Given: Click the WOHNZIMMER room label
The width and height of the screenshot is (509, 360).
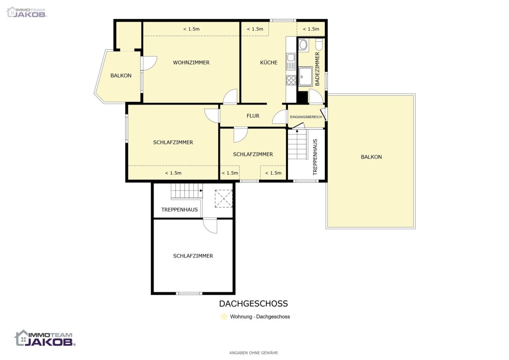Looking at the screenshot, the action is click(x=191, y=63).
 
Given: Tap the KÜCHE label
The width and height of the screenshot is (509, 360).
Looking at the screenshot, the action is click(x=268, y=62).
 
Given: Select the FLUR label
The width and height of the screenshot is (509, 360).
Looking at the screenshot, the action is click(x=253, y=116).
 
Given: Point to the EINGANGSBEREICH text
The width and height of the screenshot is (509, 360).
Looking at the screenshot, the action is click(x=306, y=117).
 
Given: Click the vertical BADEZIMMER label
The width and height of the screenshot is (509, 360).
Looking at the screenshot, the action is click(x=317, y=69).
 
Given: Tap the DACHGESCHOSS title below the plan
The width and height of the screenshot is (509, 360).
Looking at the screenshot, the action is click(x=253, y=304).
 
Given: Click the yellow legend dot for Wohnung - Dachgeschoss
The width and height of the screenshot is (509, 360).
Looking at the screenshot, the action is click(x=224, y=317).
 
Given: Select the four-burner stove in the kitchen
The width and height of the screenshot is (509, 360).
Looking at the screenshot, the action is click(x=291, y=80).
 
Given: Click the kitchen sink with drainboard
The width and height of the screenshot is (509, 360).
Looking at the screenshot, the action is click(x=291, y=62).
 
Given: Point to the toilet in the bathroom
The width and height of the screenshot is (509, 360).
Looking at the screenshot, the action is click(x=319, y=45).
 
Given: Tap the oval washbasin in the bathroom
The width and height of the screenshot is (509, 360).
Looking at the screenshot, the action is click(x=303, y=45).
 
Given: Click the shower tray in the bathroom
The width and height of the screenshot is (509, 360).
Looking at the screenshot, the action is click(x=305, y=77).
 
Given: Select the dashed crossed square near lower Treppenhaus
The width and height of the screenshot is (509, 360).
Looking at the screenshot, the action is click(x=223, y=199).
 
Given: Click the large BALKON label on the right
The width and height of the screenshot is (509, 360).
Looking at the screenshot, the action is click(x=371, y=157).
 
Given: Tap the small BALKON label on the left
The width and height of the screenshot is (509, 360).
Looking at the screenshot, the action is click(x=121, y=75).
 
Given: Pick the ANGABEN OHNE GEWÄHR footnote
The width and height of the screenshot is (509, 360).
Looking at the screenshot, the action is click(x=253, y=353).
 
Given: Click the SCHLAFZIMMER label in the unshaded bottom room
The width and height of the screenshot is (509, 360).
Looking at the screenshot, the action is click(x=193, y=256).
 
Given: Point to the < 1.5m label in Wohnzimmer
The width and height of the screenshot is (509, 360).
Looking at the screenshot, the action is click(x=191, y=29).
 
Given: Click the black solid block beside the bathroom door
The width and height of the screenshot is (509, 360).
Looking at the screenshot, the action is click(x=303, y=97).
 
